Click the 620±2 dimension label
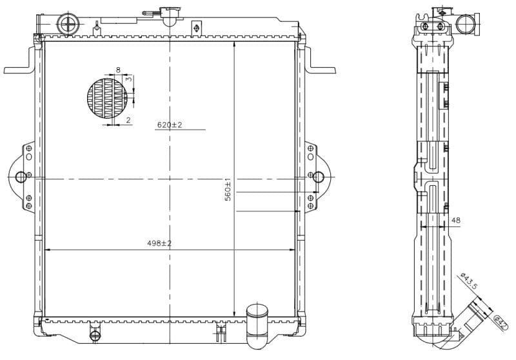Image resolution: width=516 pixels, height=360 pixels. (169, 125)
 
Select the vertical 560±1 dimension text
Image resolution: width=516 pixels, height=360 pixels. (228, 190)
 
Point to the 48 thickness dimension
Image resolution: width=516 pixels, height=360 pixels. (456, 221)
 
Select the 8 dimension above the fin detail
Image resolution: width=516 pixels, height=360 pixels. (118, 69)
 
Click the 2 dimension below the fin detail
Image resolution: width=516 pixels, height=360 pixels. (128, 120)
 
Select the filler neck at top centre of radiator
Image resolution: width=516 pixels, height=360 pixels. (169, 13)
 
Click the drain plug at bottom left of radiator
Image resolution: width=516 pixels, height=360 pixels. (95, 334)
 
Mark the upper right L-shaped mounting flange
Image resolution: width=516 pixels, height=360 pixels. (320, 64)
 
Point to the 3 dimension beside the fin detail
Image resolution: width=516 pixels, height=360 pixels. (128, 78)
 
